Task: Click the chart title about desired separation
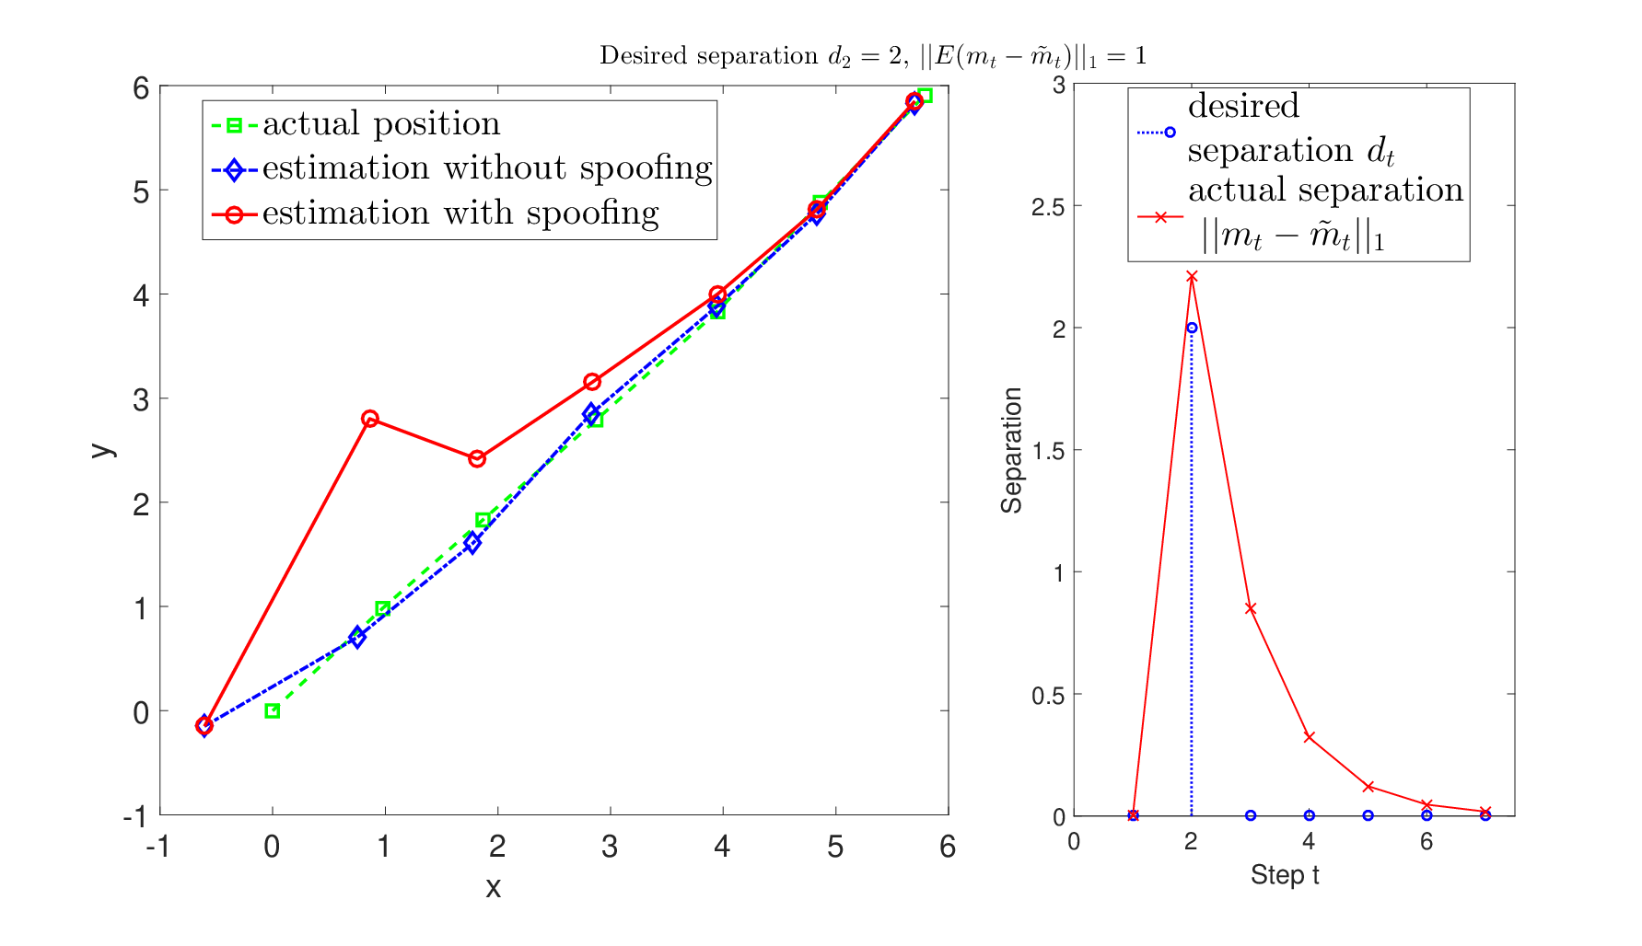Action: [873, 57]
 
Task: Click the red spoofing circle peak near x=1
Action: [370, 419]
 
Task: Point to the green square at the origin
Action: [273, 711]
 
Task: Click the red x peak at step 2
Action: [1192, 276]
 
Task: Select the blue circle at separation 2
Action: [1192, 328]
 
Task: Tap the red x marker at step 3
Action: [1251, 608]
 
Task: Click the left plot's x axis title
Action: [494, 887]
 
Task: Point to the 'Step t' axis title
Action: [1285, 875]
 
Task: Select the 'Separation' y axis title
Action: [1012, 450]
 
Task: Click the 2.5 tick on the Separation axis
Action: [1048, 206]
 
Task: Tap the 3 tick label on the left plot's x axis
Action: [610, 847]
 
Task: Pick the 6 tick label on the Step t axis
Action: [1427, 842]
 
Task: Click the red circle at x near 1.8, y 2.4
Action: [477, 458]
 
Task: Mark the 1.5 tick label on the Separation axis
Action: [1048, 451]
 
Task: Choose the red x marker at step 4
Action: [1310, 737]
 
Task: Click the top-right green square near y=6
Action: [925, 96]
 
